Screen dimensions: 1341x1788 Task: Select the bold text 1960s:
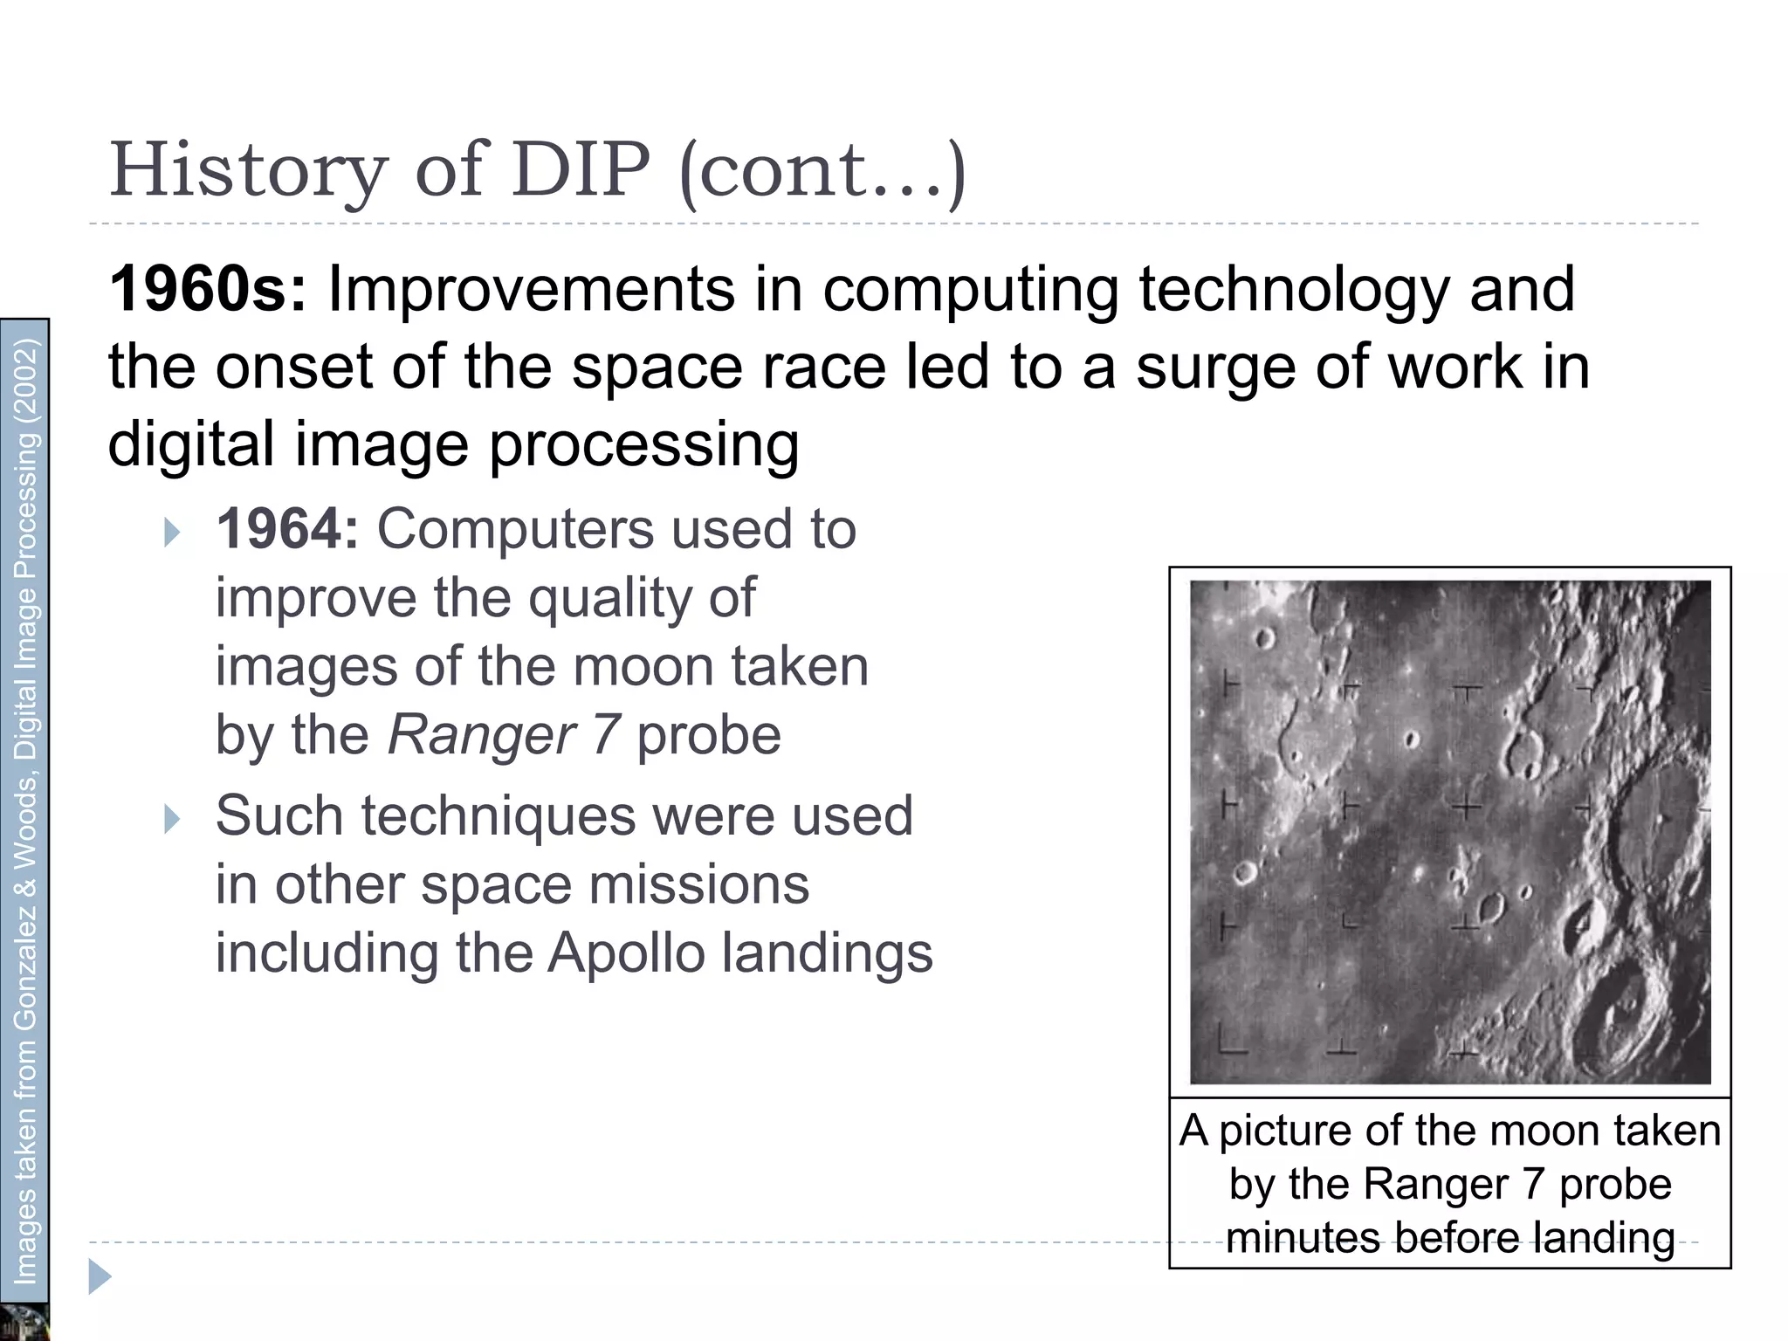pos(208,290)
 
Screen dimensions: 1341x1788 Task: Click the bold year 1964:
pos(287,529)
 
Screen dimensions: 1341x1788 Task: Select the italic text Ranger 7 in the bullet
pos(504,735)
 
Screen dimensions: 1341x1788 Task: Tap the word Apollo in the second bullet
pos(625,953)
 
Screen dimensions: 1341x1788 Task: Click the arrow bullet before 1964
pos(172,532)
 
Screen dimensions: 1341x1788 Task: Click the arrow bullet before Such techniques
pos(172,819)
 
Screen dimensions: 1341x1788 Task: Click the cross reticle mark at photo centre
pos(1468,808)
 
